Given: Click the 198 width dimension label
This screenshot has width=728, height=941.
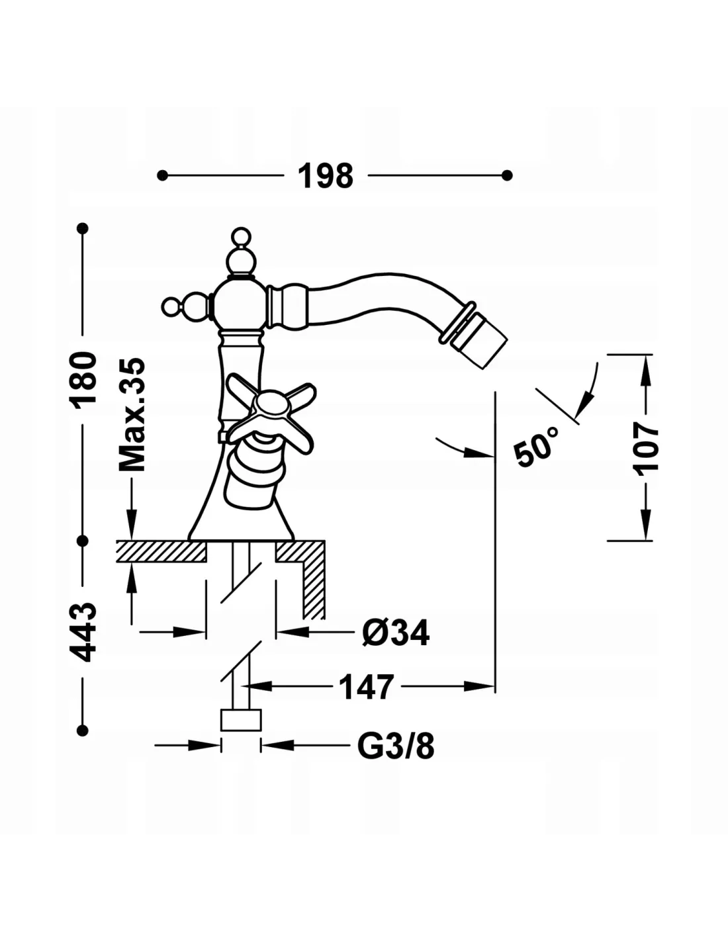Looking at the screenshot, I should coord(326,176).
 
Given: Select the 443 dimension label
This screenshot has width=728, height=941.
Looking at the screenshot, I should coord(84,632).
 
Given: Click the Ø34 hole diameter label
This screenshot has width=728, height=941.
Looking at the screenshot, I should coord(396,633).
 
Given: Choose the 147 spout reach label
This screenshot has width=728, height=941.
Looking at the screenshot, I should coord(366,688).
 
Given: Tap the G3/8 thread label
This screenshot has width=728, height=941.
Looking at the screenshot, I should coord(396,747).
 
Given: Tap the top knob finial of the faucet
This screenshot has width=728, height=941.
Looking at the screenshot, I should coord(241,236).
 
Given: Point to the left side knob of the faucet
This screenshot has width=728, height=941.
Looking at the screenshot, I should coord(171,306).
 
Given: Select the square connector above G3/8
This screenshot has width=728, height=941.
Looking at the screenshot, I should coord(241,720).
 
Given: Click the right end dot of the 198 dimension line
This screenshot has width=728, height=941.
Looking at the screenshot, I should coord(508,175).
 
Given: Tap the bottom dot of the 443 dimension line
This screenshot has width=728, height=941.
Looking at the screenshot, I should coord(83,729).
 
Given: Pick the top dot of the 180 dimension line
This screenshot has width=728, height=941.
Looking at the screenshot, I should coord(83,228).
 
